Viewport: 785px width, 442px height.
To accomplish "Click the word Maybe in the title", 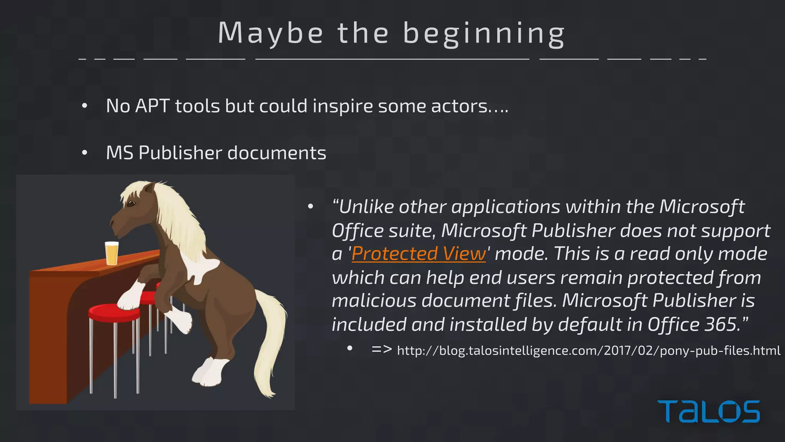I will [x=271, y=33].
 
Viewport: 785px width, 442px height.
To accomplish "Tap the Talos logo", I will [x=708, y=411].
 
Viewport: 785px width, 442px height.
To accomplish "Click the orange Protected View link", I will [x=419, y=254].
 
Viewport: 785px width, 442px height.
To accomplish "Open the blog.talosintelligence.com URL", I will [x=588, y=351].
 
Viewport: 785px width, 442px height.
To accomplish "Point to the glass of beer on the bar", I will [x=112, y=253].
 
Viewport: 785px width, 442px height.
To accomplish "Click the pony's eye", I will [x=131, y=203].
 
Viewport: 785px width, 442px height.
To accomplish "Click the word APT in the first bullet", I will [x=152, y=106].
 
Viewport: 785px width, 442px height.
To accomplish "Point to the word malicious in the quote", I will [x=374, y=300].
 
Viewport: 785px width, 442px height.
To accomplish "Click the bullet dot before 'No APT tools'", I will [x=85, y=106].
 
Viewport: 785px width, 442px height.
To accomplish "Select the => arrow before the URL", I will [x=381, y=349].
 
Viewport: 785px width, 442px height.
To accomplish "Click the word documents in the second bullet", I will [x=277, y=153].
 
